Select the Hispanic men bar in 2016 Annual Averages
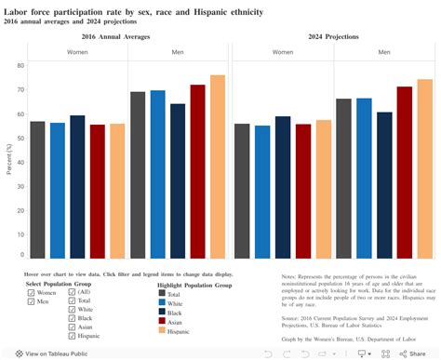(217, 167)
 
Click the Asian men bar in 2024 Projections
(404, 172)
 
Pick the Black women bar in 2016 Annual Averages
(77, 186)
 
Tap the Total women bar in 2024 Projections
(242, 191)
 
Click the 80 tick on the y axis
(20, 66)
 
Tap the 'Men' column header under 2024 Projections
(384, 53)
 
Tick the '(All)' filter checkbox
(73, 291)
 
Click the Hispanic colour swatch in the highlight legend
(136, 329)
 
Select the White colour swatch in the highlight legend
(136, 301)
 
